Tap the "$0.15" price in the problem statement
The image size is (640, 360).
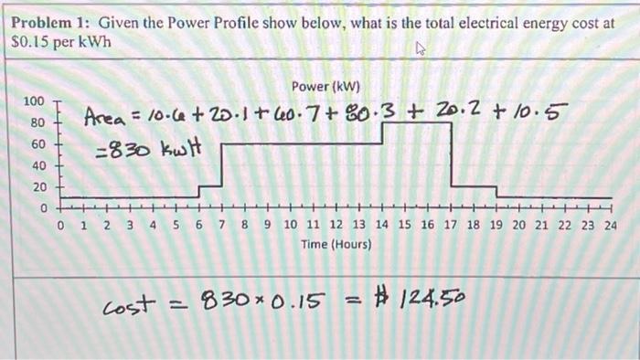point(29,42)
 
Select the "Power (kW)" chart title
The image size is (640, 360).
point(326,87)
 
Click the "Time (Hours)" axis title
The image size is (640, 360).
point(335,245)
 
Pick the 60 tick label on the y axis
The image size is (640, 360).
point(37,144)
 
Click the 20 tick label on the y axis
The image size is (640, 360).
point(37,187)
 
